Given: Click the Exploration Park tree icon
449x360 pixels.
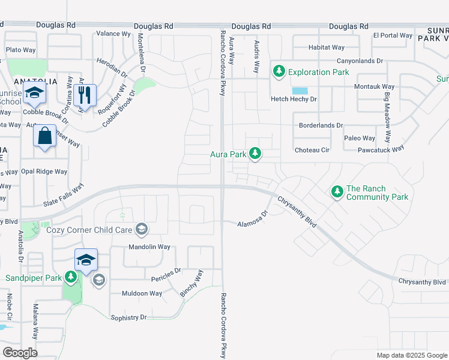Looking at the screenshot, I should pos(279,72).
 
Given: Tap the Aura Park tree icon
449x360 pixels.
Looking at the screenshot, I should pos(255,154).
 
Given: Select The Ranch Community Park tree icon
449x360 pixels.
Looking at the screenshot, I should pos(337,192).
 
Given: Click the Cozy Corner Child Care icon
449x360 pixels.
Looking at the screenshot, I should pos(141,229).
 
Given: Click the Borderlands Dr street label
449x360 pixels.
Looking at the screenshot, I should pos(321,126).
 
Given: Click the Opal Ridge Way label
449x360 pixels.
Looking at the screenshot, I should pos(44,172).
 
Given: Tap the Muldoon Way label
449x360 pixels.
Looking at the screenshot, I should pos(142,293).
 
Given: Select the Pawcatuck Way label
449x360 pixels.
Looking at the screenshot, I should pos(381,149).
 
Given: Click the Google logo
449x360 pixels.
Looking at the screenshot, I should pos(20,353).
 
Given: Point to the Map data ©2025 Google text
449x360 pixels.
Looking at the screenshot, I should pos(411,355).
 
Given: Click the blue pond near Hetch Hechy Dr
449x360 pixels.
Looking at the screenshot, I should pos(300,91).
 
